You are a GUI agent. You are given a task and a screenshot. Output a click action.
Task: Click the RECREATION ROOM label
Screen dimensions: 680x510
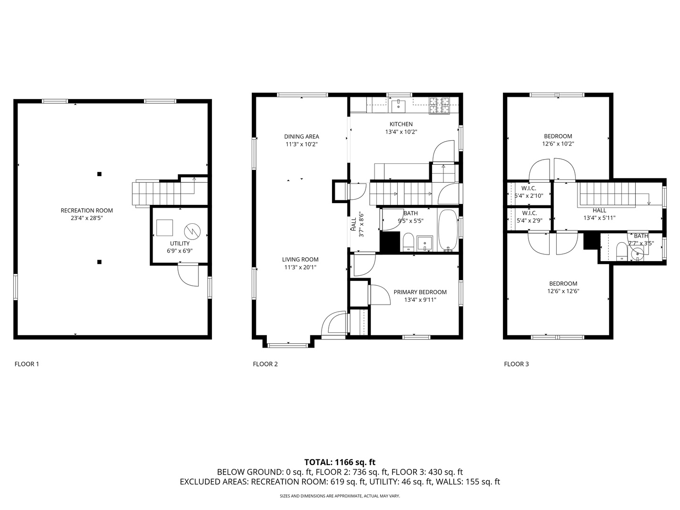(87, 211)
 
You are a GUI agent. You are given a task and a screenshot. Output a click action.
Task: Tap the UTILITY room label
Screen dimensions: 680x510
(180, 243)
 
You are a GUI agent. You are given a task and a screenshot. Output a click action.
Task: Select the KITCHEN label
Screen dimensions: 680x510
(401, 124)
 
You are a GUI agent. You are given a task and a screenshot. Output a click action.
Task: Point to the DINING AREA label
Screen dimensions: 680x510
(301, 136)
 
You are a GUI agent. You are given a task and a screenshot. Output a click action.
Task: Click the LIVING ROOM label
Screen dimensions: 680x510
(300, 260)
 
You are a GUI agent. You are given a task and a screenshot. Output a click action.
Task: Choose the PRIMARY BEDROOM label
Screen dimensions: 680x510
(420, 292)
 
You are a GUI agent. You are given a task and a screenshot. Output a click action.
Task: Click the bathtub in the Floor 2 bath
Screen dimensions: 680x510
(448, 230)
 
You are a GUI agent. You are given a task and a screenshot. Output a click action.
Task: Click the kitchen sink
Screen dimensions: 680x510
(398, 106)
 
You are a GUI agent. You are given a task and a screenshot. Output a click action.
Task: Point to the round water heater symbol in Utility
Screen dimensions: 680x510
(192, 231)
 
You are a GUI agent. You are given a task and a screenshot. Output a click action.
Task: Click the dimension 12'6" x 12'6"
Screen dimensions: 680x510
(563, 291)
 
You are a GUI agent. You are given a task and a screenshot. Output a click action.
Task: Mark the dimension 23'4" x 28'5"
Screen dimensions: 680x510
(87, 218)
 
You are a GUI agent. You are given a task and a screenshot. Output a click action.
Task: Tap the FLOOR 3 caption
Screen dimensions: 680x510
(517, 364)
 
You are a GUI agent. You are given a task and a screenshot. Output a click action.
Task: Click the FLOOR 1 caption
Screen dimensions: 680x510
(27, 364)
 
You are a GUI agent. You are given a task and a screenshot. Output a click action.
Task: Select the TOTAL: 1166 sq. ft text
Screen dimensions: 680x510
(340, 462)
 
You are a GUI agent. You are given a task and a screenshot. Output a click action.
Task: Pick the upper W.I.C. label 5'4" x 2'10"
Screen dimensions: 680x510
(529, 192)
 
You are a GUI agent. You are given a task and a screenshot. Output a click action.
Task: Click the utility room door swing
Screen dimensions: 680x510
(188, 275)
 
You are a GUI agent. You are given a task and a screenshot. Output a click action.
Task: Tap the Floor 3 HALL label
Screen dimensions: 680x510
(599, 211)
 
